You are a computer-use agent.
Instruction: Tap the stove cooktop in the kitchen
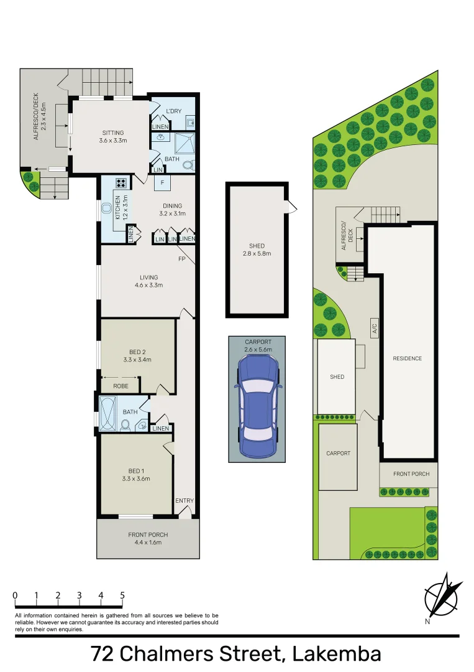121,184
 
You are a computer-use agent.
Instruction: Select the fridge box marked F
162,184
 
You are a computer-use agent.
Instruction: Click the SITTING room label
113,136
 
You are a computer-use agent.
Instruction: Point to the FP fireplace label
182,258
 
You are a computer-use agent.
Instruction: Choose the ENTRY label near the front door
185,501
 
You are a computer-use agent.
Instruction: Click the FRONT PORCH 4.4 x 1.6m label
148,538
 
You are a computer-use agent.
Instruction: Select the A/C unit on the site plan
375,328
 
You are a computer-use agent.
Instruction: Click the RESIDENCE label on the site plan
407,358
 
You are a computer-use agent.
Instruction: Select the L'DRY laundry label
173,111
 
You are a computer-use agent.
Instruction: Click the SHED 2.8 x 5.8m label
257,250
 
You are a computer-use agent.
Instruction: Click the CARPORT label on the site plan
338,453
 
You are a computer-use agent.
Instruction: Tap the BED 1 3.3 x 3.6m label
135,475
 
